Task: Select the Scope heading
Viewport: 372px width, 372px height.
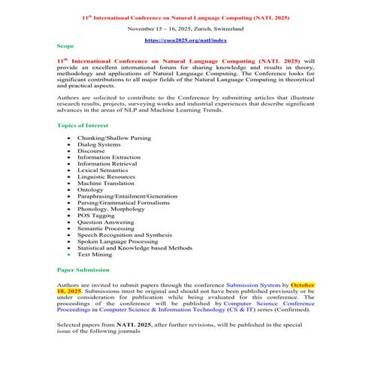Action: (x=65, y=47)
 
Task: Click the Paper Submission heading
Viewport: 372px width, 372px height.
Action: (x=83, y=269)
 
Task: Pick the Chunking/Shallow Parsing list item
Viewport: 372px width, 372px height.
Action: (x=113, y=139)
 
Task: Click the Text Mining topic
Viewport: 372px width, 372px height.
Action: (x=95, y=254)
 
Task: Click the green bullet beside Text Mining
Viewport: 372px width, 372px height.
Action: (x=69, y=254)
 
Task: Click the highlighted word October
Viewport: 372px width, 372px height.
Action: (x=303, y=286)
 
